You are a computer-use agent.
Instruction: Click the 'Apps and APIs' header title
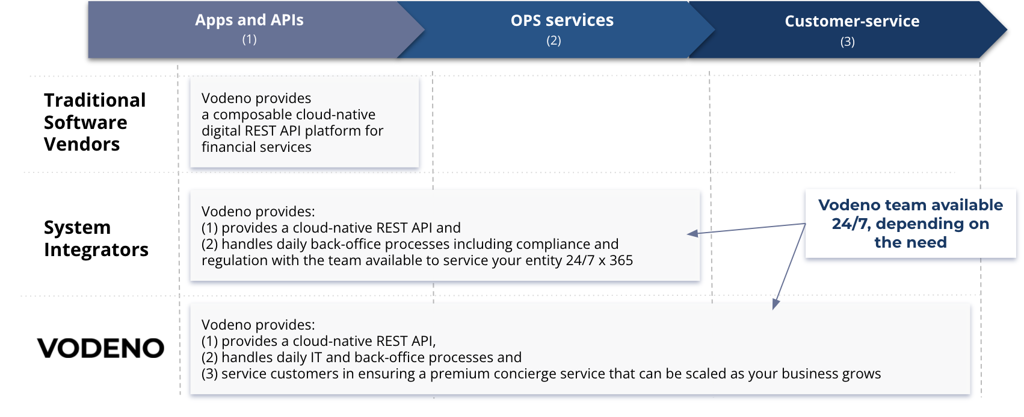249,20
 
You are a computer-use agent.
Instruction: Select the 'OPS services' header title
562,20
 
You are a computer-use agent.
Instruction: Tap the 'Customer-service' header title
852,21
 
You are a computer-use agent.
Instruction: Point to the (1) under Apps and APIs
249,39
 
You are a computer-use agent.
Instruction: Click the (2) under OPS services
554,41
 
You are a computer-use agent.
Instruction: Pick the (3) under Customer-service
848,42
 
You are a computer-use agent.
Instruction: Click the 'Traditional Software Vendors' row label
94,122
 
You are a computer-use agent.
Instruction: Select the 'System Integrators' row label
96,239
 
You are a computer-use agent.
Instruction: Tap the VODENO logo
100,348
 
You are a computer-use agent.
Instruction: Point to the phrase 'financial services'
256,147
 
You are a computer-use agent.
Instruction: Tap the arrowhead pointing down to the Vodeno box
776,304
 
